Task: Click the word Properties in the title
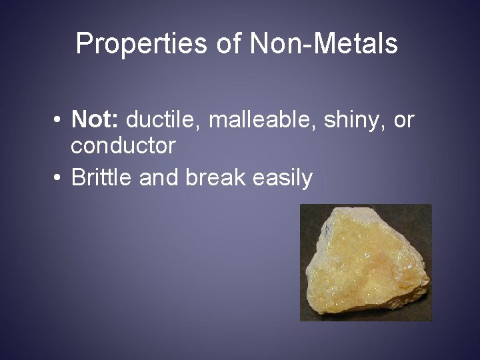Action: [x=141, y=44]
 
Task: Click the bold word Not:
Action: [x=95, y=120]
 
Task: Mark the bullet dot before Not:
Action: [x=59, y=121]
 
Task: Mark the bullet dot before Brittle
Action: [x=59, y=179]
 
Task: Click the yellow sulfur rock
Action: [x=365, y=263]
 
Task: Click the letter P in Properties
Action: [x=83, y=44]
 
